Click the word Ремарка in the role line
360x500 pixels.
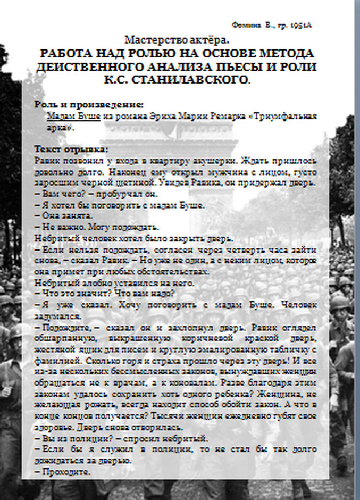(230, 116)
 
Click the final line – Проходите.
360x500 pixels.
(62, 472)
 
